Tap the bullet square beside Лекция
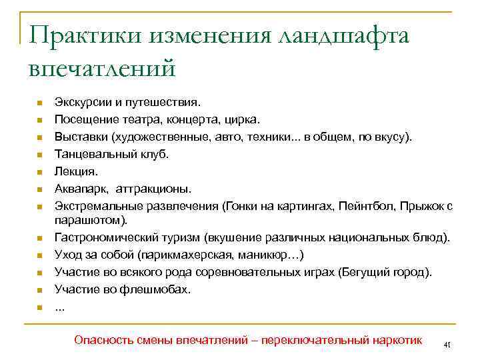[x=40, y=171]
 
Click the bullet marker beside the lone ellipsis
[x=40, y=307]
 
